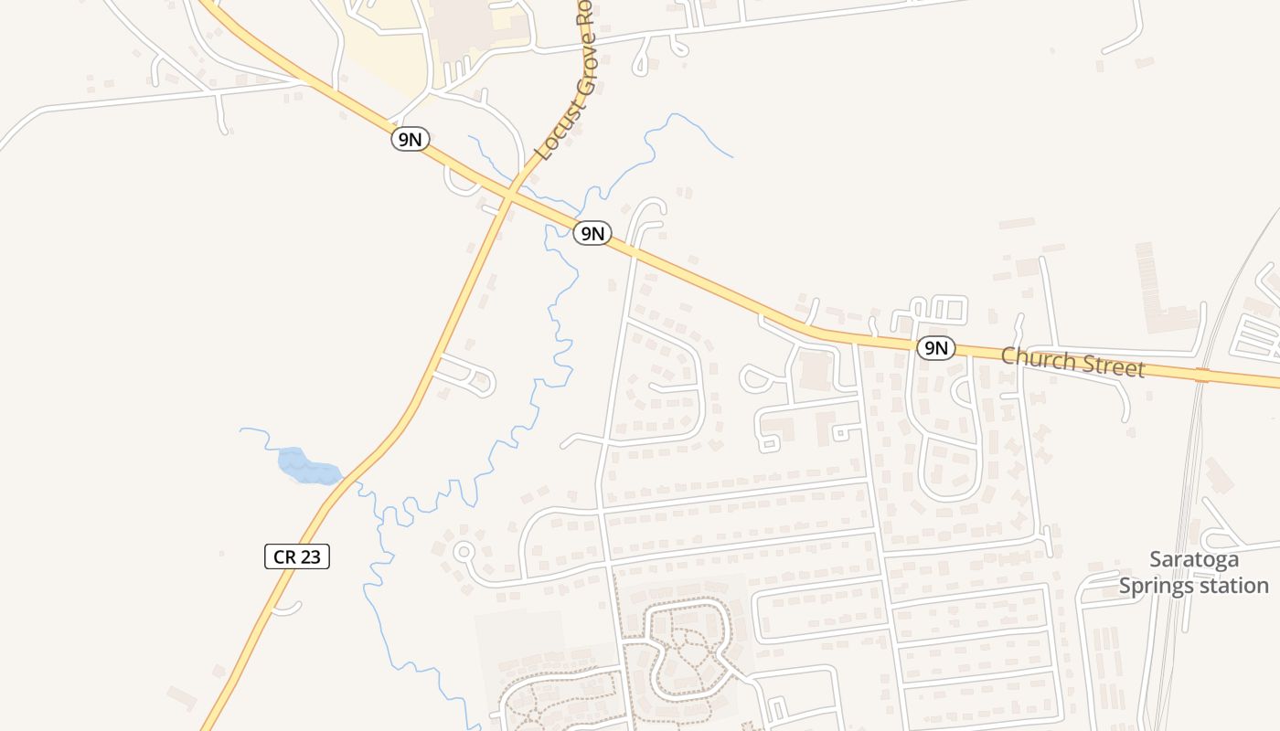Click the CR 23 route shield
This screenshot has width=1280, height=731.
coord(297,556)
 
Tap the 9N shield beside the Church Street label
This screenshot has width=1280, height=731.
coord(935,347)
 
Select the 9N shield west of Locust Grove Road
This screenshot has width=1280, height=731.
coord(411,139)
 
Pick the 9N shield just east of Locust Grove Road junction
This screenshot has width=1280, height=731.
coord(592,233)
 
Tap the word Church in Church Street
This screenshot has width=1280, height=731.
coord(1037,357)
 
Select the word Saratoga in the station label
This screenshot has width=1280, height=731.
coord(1194,559)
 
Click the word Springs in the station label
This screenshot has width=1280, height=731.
coord(1159,586)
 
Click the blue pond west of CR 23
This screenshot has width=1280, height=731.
coord(307,466)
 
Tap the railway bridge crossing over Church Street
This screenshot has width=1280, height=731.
coord(1201,375)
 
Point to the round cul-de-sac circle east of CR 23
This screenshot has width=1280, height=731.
coord(464,552)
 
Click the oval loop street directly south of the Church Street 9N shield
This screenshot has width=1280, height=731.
coord(951,466)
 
